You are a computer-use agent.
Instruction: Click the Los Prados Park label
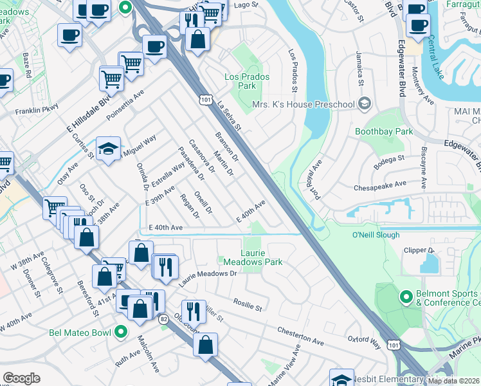point(246,81)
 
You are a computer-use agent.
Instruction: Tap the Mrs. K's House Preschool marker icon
point(365,104)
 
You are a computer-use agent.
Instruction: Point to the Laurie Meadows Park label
point(252,257)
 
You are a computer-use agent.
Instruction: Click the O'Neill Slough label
point(376,235)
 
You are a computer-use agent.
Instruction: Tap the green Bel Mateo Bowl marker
point(120,333)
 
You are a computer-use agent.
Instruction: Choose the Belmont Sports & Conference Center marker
point(405,297)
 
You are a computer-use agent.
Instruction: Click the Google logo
point(21,378)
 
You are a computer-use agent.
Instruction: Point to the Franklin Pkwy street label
point(37,110)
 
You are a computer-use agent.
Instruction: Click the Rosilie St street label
point(248,305)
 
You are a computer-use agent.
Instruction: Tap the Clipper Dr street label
point(419,250)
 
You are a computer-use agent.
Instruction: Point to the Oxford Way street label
point(365,342)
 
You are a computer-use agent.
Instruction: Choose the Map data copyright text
point(453,381)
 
